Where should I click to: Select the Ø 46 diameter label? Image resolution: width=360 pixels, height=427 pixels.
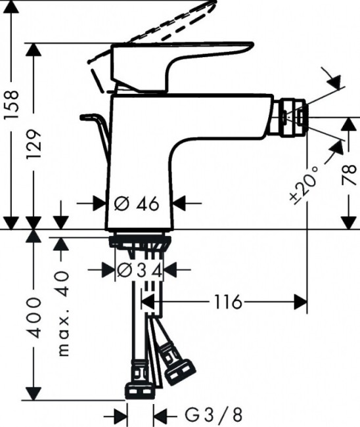tap(138, 204)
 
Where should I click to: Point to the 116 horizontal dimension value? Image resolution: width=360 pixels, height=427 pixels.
tap(227, 302)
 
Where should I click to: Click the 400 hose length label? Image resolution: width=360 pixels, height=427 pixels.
tap(37, 317)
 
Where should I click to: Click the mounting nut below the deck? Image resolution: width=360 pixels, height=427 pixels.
tap(139, 243)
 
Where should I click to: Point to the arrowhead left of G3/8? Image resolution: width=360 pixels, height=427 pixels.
tap(122, 415)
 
